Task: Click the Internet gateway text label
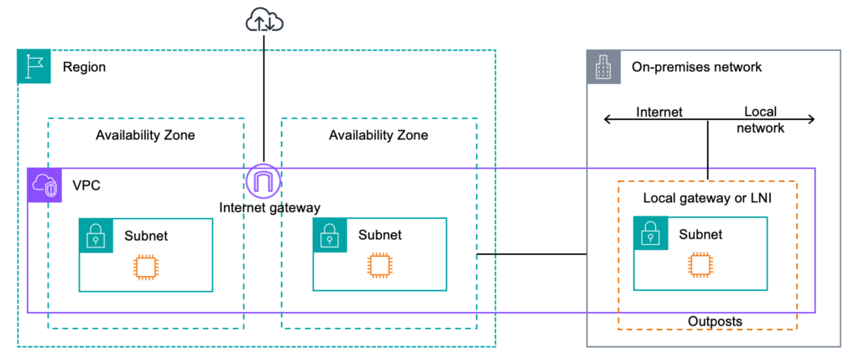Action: tap(269, 206)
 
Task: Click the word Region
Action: tap(84, 67)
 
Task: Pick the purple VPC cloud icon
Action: tap(44, 185)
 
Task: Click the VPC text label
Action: tap(86, 185)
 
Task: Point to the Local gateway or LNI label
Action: tap(706, 199)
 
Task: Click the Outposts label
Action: tap(715, 321)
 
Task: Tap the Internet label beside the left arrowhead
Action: tap(659, 112)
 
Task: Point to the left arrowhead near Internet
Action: tap(607, 120)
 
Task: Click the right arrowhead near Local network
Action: tap(811, 120)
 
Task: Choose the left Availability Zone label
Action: tap(145, 135)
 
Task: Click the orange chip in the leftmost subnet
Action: tap(145, 267)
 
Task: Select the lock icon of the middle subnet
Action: tap(330, 237)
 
